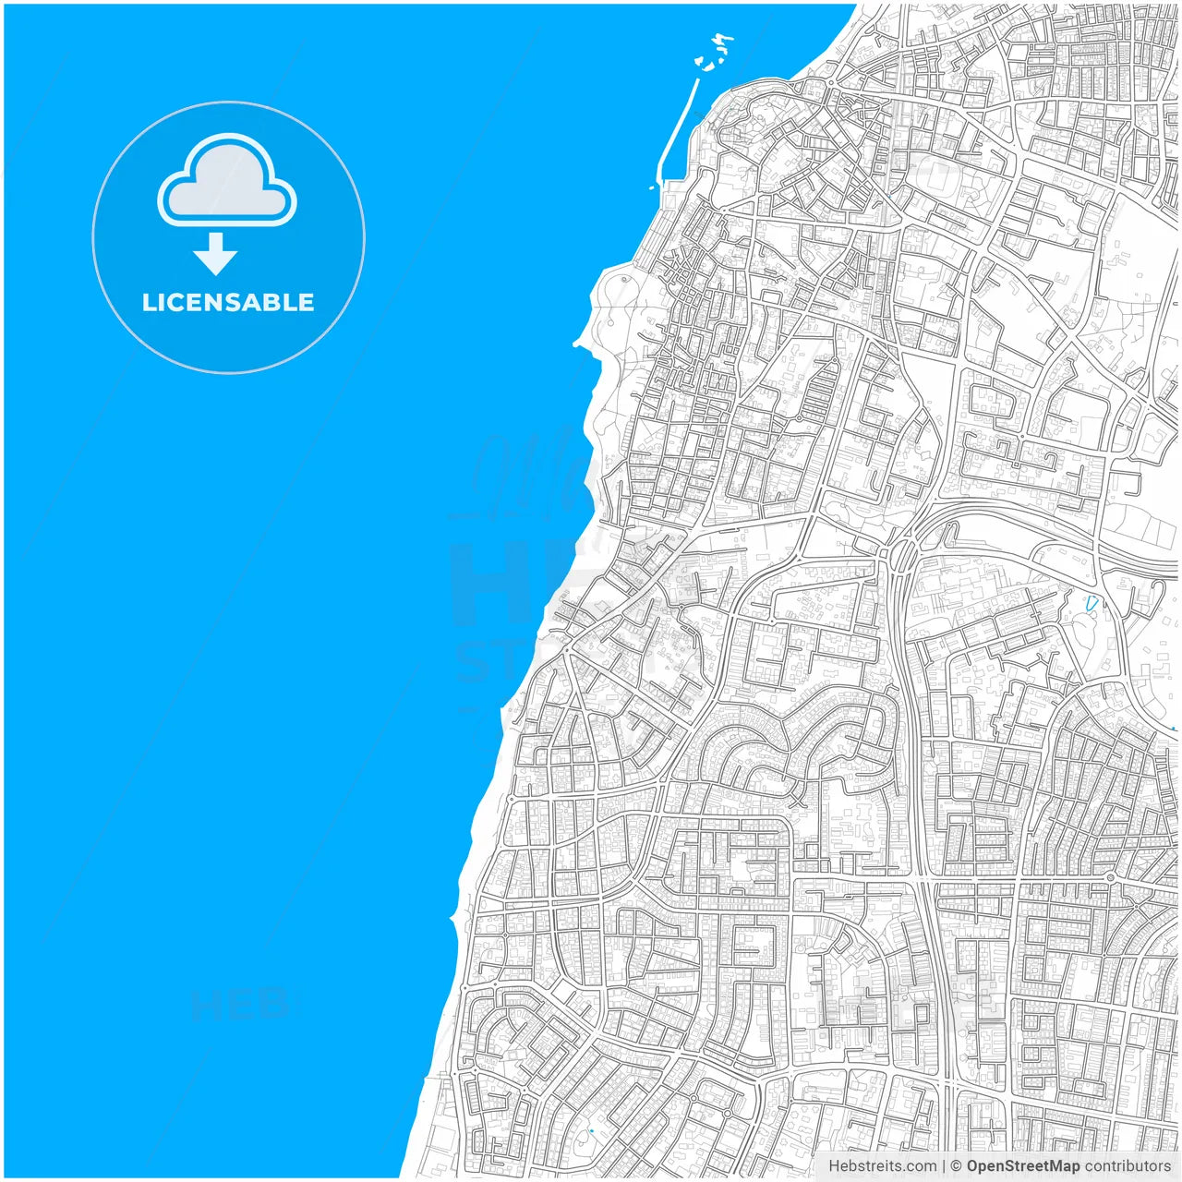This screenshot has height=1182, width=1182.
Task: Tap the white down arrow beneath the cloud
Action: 216,254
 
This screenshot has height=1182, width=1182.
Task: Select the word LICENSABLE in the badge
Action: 228,302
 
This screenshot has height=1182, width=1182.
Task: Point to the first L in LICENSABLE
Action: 149,302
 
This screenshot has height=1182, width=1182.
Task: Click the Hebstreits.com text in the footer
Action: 882,1166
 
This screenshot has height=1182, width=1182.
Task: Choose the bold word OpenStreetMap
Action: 1022,1166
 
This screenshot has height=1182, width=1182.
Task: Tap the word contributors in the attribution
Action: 1128,1166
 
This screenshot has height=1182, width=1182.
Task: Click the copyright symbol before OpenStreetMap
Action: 957,1166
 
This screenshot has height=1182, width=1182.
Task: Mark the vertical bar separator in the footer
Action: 944,1166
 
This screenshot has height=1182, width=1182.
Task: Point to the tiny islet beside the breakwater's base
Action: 652,187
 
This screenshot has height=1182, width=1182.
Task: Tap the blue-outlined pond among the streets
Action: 1093,605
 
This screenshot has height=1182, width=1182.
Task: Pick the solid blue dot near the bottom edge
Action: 591,1130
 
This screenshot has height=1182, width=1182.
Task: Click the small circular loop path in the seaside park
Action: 625,278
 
